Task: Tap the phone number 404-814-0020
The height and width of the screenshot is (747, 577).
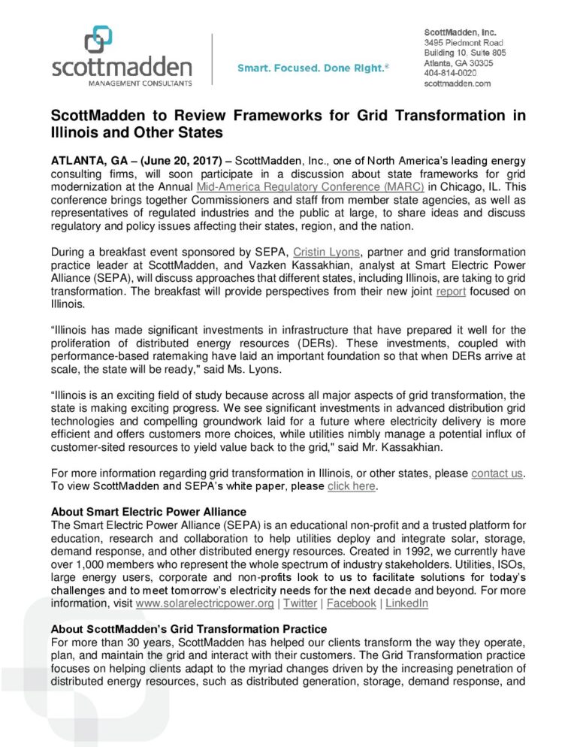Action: coord(450,73)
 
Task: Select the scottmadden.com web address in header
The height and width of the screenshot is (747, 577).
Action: coord(458,83)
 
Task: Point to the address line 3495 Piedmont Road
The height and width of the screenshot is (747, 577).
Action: coord(464,44)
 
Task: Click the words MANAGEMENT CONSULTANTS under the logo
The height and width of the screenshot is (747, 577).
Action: coord(122,83)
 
